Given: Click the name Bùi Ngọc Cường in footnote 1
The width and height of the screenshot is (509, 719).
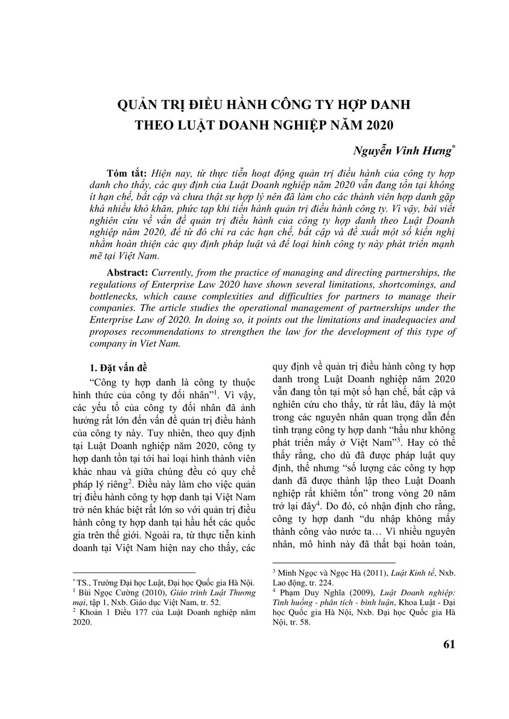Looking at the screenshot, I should coord(104,592).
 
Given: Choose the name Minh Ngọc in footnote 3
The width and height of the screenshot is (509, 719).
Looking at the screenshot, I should coord(299,570).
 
